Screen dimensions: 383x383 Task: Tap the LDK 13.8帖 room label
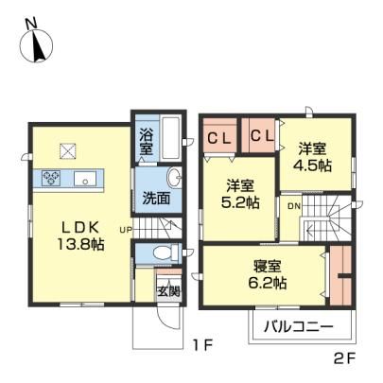pyautogui.click(x=81, y=235)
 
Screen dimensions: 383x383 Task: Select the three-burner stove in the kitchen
pyautogui.click(x=51, y=177)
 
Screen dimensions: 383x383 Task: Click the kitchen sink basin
pyautogui.click(x=86, y=179)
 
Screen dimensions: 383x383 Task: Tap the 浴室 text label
pyautogui.click(x=147, y=142)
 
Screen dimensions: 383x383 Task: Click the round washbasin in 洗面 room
pyautogui.click(x=173, y=178)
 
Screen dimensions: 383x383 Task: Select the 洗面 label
pyautogui.click(x=156, y=198)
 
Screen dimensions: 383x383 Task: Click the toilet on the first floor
pyautogui.click(x=164, y=252)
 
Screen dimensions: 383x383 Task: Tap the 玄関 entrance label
pyautogui.click(x=168, y=290)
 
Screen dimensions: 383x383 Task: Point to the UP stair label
pyautogui.click(x=126, y=230)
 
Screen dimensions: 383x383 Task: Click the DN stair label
pyautogui.click(x=294, y=206)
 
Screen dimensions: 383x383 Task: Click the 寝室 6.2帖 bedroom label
pyautogui.click(x=268, y=274)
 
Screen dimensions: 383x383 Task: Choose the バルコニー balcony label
pyautogui.click(x=299, y=326)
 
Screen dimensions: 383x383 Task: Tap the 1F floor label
pyautogui.click(x=203, y=346)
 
